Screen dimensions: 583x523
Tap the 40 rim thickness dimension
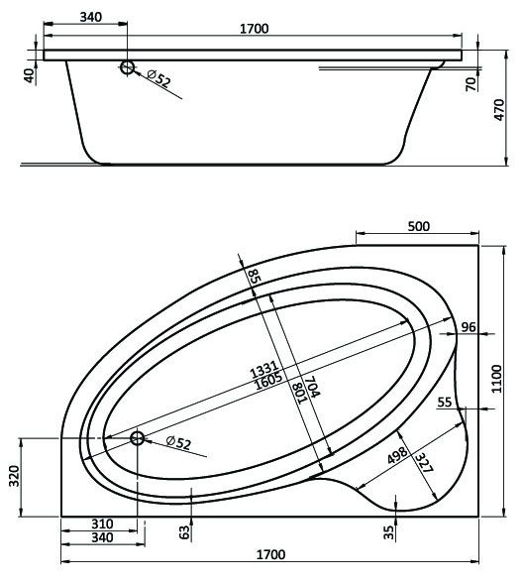(x=29, y=73)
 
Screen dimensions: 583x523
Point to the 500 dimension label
(x=419, y=227)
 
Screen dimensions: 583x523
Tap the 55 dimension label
(x=444, y=402)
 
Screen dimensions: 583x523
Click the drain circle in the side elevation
(x=128, y=66)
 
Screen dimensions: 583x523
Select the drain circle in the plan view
(x=137, y=440)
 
